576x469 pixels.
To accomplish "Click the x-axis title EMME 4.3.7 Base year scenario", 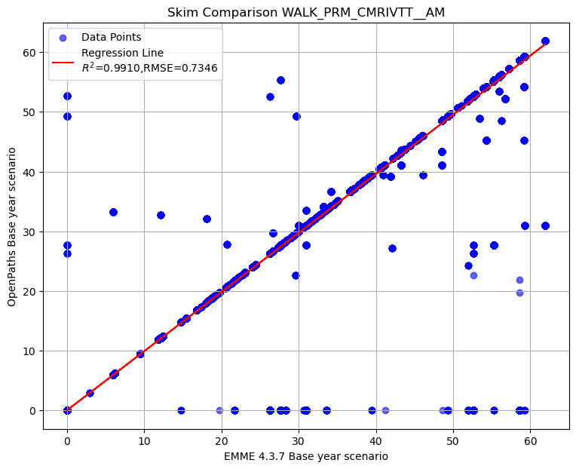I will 306,456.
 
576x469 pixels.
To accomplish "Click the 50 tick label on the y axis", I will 29,112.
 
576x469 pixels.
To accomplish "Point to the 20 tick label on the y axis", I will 29,291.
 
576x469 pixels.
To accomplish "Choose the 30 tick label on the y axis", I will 29,231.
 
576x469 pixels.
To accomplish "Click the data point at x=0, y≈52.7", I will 67,96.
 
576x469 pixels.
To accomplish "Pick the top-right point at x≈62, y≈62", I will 545,41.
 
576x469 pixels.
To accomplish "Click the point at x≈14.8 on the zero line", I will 181,410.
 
